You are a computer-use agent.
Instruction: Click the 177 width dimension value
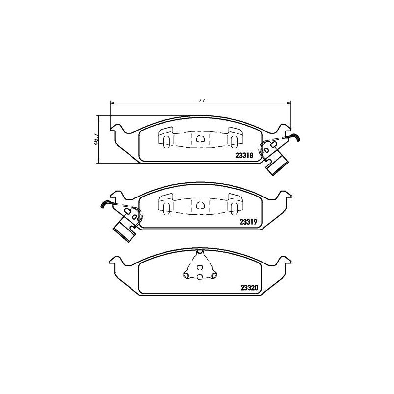tap(199, 100)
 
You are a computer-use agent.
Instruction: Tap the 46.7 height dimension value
tap(96, 139)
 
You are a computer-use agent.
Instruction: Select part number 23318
tap(244, 155)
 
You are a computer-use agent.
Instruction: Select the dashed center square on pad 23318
tap(200, 139)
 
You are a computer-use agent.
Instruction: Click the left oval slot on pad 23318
tap(166, 140)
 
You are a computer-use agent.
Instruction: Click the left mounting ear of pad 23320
tap(116, 261)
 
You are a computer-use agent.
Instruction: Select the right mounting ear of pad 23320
tap(283, 261)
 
